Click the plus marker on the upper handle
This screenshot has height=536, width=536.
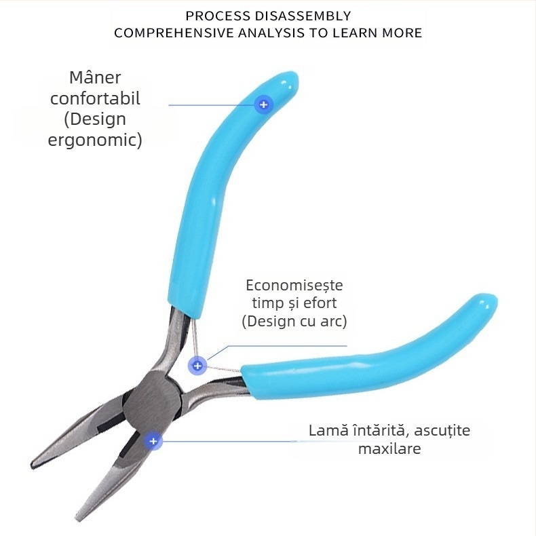point(263,104)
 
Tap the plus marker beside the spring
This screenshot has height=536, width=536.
point(197,366)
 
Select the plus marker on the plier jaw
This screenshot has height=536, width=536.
point(153,441)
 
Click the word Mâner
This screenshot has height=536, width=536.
point(95,77)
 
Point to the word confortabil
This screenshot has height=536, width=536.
point(95,98)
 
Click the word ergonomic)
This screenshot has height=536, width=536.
point(95,140)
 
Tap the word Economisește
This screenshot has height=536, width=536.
point(294,285)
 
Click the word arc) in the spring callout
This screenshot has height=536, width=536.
point(332,322)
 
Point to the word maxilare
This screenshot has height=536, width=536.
point(389,448)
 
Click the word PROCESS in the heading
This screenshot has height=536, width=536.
point(214,16)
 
